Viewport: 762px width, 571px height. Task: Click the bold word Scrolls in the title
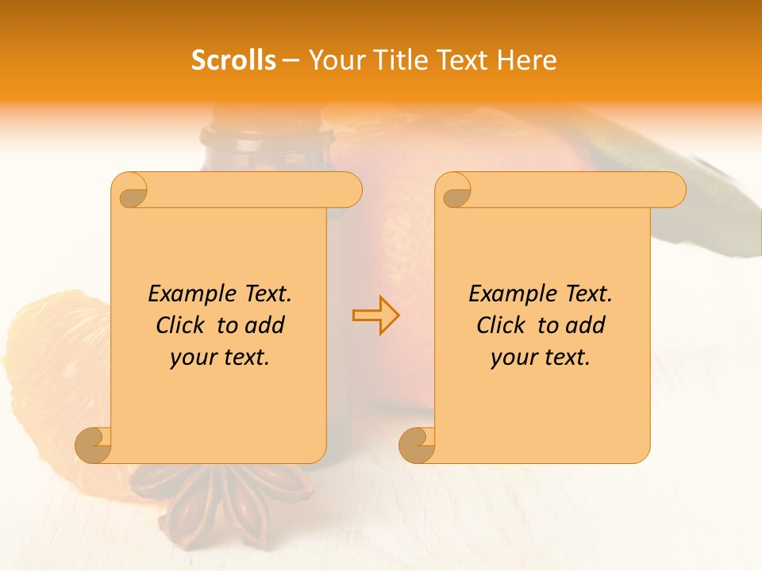(233, 60)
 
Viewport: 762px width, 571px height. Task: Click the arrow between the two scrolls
(375, 315)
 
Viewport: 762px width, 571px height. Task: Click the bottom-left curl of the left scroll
(94, 445)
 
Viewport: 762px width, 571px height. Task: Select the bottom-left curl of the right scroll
(418, 445)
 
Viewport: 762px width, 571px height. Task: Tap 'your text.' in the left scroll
(220, 357)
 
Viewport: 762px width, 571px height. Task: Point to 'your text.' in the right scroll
(541, 357)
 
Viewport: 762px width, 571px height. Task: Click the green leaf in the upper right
(698, 198)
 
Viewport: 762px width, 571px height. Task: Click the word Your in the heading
(333, 60)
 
